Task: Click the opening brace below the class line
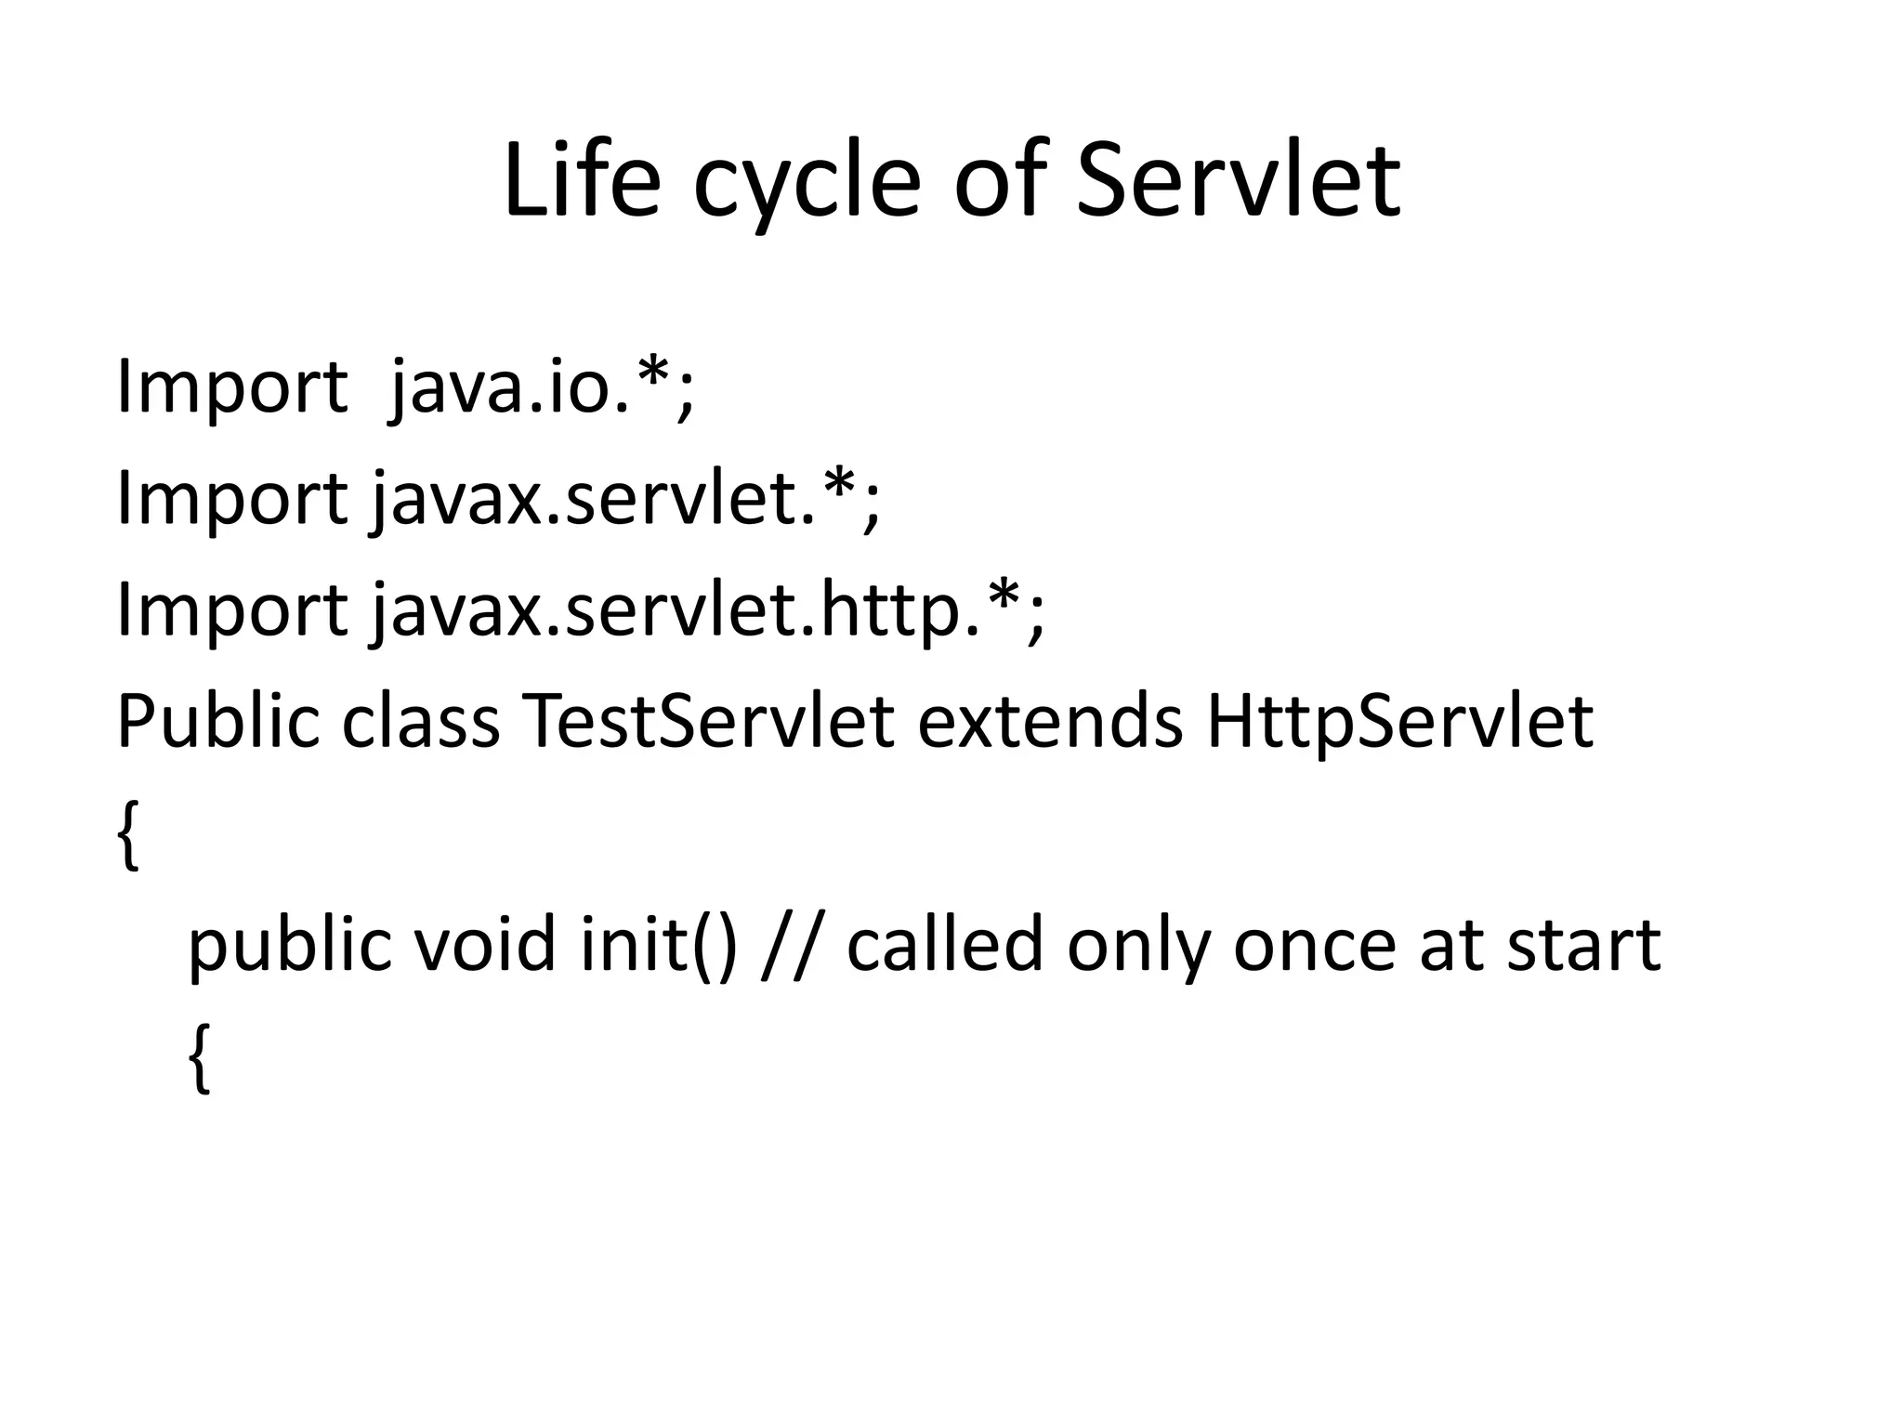pyautogui.click(x=129, y=833)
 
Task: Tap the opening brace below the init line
pyautogui.click(x=200, y=1056)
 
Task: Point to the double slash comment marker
pyautogui.click(x=792, y=944)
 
